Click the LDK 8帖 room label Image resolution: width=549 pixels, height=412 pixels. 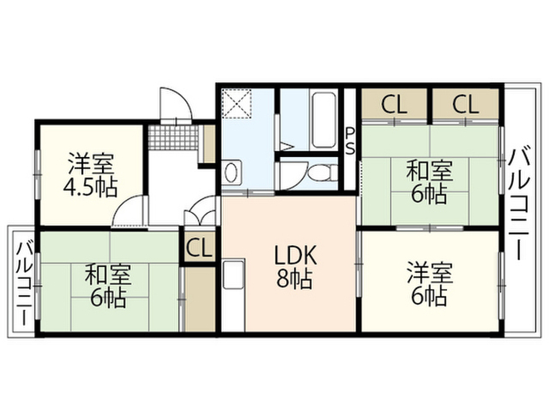[x=295, y=266]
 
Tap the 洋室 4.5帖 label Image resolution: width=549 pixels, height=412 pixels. [x=90, y=174]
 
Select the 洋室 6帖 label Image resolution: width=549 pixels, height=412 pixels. [x=429, y=284]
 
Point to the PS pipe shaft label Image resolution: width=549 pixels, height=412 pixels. [x=350, y=141]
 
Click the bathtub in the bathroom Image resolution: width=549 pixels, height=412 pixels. [x=323, y=119]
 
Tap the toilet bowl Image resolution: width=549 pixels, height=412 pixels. [x=322, y=172]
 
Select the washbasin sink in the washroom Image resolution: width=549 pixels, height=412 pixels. [x=232, y=172]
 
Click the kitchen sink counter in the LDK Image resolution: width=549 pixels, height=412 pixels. [x=233, y=294]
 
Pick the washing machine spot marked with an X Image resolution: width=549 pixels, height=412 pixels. [x=238, y=103]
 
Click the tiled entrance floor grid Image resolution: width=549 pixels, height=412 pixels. [x=173, y=137]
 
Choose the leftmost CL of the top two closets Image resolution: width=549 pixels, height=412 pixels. [x=395, y=104]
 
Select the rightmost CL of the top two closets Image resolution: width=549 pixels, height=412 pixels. [x=465, y=104]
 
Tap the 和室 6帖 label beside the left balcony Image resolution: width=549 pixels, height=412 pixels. [x=108, y=286]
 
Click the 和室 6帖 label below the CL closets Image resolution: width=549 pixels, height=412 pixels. [x=430, y=181]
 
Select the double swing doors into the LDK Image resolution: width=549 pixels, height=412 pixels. [x=200, y=210]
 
